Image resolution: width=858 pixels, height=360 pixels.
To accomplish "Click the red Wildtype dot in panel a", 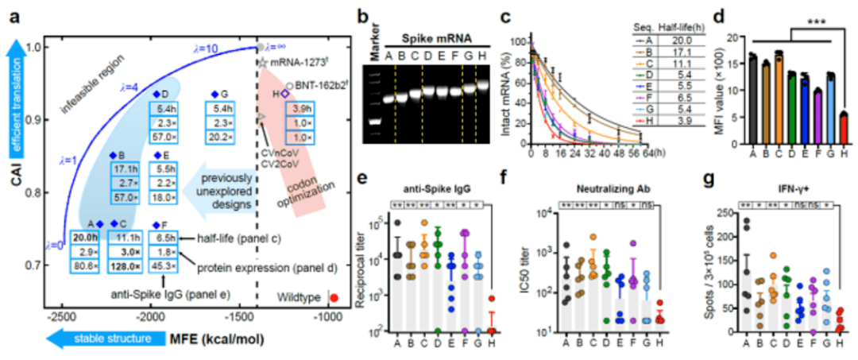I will coord(334,297).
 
